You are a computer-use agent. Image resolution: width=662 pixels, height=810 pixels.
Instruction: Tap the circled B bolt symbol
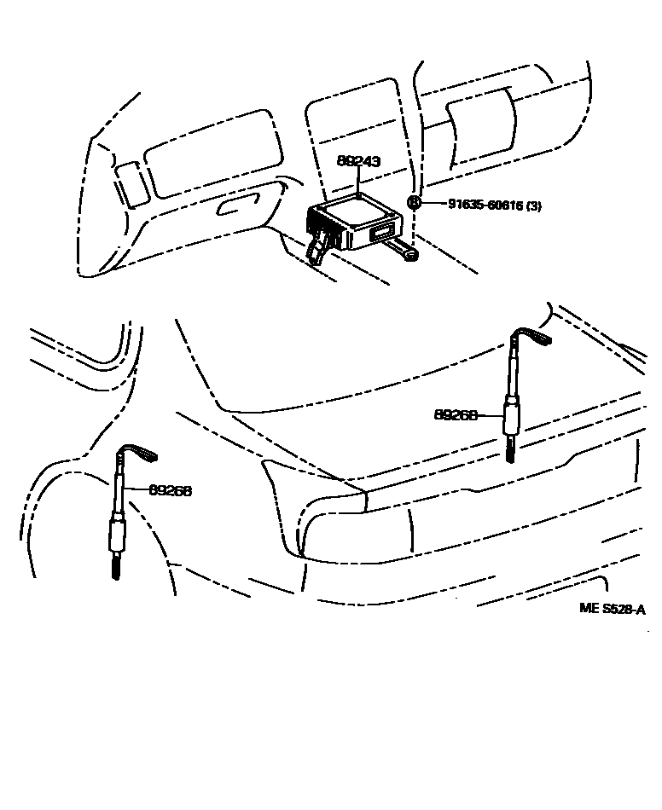(414, 203)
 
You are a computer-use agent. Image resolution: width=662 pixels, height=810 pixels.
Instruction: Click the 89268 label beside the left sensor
(170, 490)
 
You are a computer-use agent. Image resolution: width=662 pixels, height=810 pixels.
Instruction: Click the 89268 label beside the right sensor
(455, 415)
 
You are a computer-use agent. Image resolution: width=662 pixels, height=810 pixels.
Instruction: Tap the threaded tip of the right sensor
(510, 448)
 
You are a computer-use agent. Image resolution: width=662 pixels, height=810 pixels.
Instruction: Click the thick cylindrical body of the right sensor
(510, 418)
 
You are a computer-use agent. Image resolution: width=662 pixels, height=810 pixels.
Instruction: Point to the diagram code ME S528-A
(612, 608)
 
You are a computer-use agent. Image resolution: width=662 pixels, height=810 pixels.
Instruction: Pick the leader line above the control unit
(358, 181)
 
